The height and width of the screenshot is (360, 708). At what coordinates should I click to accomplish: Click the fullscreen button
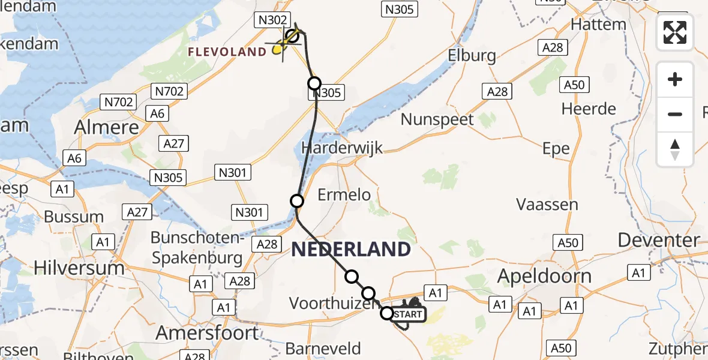click(675, 32)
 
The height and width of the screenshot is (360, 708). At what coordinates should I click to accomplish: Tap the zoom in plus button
click(675, 79)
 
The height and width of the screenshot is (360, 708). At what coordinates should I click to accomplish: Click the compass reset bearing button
click(675, 149)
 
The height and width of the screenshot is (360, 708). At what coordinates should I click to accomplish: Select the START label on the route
click(409, 314)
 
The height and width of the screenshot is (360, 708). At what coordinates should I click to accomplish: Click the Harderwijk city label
click(341, 148)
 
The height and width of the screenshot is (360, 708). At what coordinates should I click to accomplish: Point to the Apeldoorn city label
click(545, 276)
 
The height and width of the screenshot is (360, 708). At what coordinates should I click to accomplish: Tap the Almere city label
click(106, 127)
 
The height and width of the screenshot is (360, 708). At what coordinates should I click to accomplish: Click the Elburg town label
click(472, 56)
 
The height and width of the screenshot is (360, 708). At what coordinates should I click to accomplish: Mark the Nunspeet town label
click(437, 119)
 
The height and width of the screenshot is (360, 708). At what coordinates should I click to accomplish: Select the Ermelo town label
click(344, 194)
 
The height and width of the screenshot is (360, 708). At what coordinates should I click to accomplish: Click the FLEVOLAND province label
click(227, 52)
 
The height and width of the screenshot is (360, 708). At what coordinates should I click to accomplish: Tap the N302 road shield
click(273, 20)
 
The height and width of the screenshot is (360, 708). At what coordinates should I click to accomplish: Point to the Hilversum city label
click(79, 268)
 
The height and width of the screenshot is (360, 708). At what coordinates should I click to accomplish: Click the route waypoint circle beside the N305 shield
click(314, 83)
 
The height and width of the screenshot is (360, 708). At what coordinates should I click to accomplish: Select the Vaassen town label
click(547, 205)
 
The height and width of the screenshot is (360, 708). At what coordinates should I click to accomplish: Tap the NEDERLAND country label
click(351, 250)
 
